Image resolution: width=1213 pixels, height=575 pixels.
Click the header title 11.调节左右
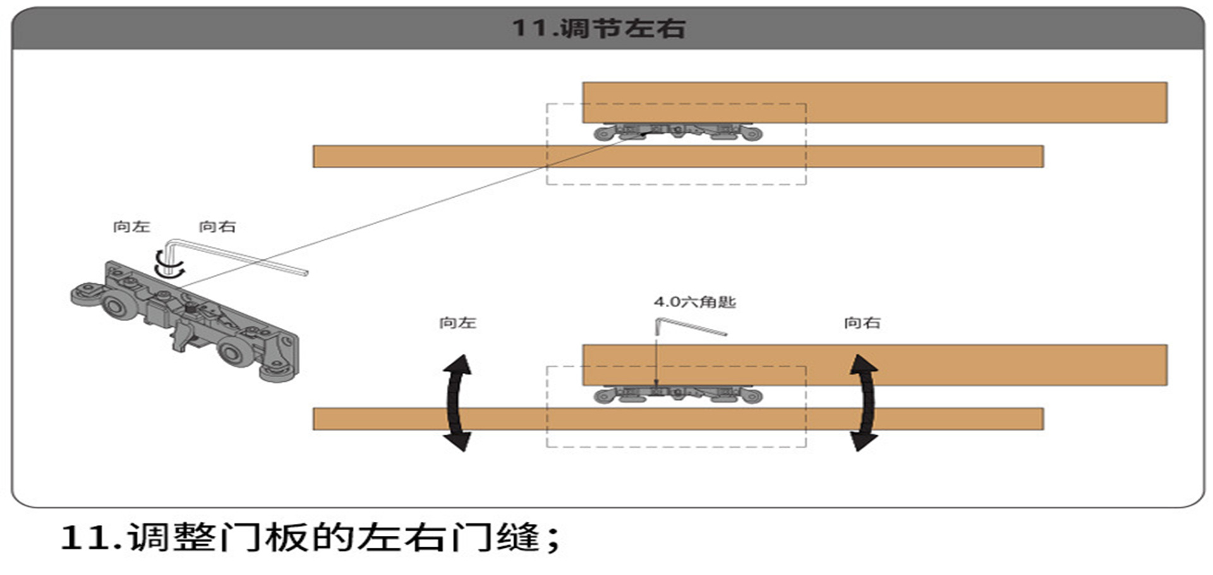click(598, 28)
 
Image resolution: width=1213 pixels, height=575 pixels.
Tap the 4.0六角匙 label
click(695, 302)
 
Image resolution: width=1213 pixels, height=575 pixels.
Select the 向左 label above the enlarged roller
click(131, 226)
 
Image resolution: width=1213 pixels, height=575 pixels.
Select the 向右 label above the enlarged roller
click(217, 226)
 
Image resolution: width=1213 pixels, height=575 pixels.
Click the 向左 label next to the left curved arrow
click(457, 323)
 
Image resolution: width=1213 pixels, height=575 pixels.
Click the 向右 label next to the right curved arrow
click(862, 323)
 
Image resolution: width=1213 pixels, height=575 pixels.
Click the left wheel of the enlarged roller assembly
click(114, 306)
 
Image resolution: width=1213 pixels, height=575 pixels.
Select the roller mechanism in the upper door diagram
click(678, 132)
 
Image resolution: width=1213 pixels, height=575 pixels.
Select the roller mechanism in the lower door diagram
click(678, 395)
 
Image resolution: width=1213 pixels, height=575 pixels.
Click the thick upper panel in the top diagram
click(875, 102)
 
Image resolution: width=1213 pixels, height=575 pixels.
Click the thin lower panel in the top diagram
click(678, 157)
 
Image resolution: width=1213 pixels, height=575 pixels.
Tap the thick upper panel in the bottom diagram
click(875, 365)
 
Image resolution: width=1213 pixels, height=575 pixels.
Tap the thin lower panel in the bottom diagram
click(678, 419)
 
